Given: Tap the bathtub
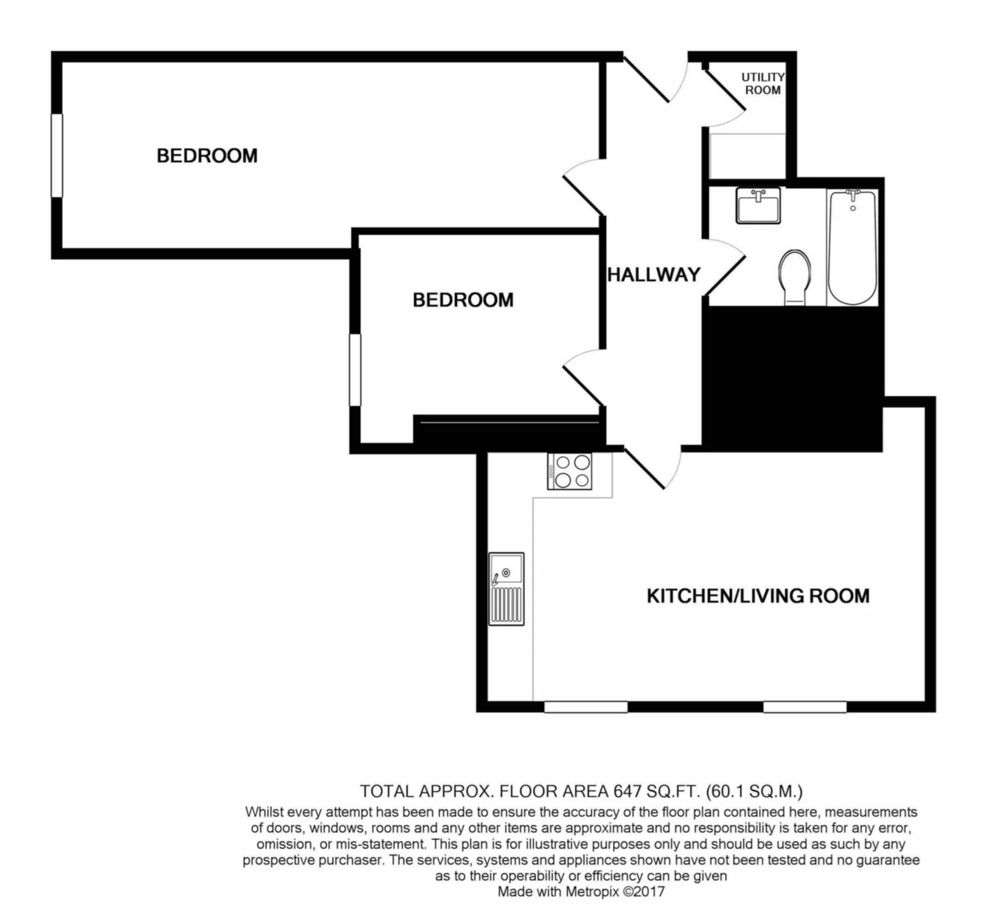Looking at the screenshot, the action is point(852,248).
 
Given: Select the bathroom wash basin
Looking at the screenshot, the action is point(758,206).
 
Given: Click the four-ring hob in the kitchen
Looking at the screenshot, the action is point(570,471).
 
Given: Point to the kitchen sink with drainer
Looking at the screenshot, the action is point(506,589).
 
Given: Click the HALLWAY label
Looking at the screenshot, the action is point(654,275).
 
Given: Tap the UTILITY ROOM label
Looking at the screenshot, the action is point(763,84).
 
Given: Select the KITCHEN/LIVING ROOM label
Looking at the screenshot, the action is point(758,596).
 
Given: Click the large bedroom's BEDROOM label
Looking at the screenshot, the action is point(207,156).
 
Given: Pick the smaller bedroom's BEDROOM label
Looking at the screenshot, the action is point(463,300).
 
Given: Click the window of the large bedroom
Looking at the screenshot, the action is point(57,156).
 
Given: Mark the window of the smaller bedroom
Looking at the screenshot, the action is point(355,370).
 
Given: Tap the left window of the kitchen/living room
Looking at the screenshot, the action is point(586,707).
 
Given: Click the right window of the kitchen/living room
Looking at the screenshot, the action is point(805,707).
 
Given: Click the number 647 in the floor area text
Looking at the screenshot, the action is point(627,792).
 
